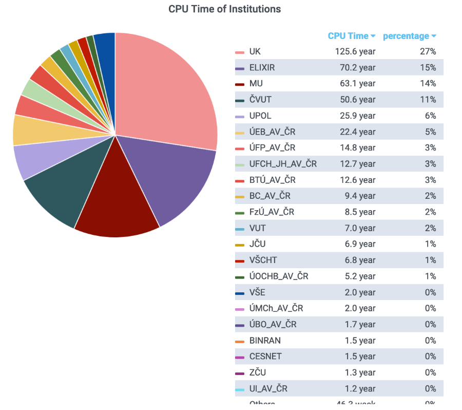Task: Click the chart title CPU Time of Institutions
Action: click(x=224, y=9)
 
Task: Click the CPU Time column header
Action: click(x=348, y=36)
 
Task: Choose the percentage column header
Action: click(x=406, y=36)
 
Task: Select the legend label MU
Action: click(x=256, y=83)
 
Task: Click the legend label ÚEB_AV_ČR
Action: click(x=272, y=132)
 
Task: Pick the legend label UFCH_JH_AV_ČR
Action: click(x=283, y=164)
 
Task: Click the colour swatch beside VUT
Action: click(x=240, y=229)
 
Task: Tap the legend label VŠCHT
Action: click(x=263, y=260)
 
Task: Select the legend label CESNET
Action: click(x=265, y=356)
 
